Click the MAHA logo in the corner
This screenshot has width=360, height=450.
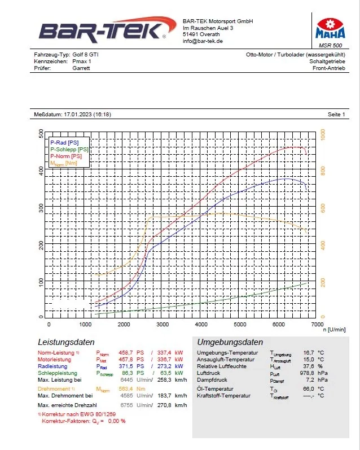329,26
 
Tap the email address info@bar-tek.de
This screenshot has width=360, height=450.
203,41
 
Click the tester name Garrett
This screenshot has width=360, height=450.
81,68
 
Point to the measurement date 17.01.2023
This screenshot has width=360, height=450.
82,115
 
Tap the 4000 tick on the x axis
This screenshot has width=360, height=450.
201,325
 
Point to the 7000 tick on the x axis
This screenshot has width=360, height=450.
317,325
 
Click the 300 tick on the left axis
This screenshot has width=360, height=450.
41,208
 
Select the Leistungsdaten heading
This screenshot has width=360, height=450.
66,342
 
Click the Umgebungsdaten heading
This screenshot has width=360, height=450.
230,342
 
